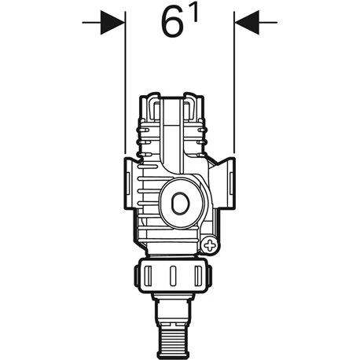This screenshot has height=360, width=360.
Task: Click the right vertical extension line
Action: pyautogui.click(x=235, y=86)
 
